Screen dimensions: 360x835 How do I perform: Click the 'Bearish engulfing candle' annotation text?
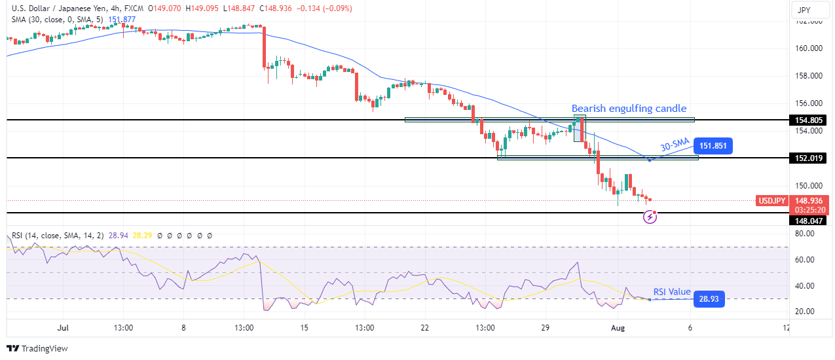pyautogui.click(x=629, y=109)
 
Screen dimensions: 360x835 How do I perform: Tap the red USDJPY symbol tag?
pyautogui.click(x=771, y=201)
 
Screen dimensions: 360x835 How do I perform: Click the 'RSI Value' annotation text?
pyautogui.click(x=673, y=293)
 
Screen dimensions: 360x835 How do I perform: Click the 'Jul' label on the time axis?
pyautogui.click(x=62, y=327)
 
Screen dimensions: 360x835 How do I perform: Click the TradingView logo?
pyautogui.click(x=37, y=348)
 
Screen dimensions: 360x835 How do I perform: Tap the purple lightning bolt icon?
pyautogui.click(x=650, y=217)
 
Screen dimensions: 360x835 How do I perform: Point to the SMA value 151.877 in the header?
pyautogui.click(x=122, y=20)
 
